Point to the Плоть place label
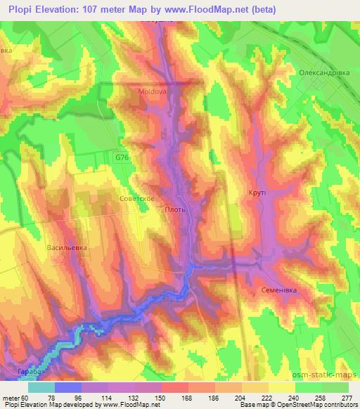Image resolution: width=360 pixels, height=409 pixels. coord(174,209)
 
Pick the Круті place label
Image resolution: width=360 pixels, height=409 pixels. coord(256,192)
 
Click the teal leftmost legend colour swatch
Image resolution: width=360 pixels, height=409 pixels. coord(41,387)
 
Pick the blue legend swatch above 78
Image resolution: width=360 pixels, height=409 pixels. coord(68,387)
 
